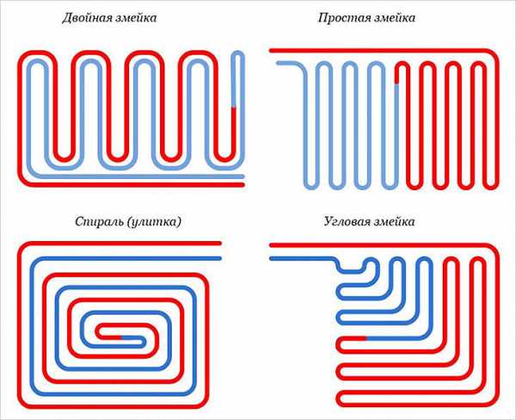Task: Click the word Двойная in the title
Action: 85,18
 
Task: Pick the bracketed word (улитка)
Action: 155,222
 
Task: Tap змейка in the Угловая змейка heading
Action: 392,221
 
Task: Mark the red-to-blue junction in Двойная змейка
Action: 234,108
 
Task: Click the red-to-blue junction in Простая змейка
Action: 396,83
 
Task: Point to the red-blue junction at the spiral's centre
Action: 120,337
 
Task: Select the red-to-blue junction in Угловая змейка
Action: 366,338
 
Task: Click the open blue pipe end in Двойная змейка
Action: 243,176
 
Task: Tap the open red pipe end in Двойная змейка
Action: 243,185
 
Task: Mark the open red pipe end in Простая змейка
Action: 271,51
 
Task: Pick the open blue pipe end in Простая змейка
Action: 279,63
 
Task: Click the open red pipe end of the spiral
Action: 219,243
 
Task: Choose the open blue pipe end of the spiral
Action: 219,258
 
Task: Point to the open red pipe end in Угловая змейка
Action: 271,245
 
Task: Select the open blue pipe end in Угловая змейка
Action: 271,259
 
